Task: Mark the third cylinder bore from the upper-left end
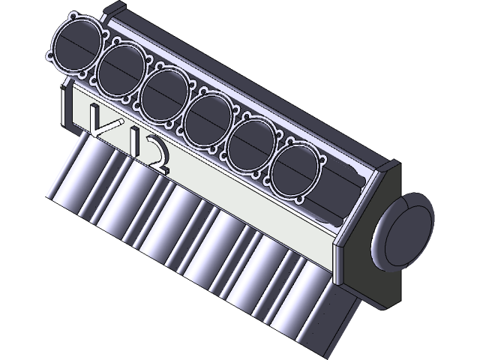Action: pos(164,91)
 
